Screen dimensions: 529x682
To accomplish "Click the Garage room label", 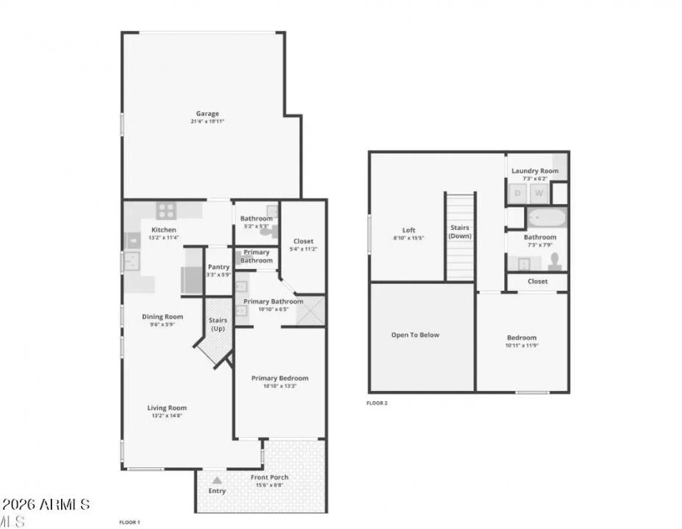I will point(207,114).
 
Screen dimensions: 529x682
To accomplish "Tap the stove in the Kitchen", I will point(166,211).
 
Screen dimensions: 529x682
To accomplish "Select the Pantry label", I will point(218,267).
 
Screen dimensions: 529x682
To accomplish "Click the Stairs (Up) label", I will point(218,324).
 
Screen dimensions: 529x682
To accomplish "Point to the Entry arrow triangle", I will point(216,480).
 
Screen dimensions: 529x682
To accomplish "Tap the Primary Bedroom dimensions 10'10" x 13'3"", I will point(279,386).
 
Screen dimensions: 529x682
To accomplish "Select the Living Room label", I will point(168,408).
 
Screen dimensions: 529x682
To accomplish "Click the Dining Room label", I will point(162,317).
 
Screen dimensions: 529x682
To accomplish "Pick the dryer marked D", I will point(517,193).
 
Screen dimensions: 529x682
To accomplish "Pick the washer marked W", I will point(539,193).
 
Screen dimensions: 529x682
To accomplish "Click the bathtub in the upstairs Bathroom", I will point(547,218).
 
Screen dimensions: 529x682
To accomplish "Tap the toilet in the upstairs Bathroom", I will point(555,262).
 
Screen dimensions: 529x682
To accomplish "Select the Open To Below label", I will point(415,335).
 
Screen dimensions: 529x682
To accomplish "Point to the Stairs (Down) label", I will point(460,231).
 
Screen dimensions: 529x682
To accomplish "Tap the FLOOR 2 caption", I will point(377,403).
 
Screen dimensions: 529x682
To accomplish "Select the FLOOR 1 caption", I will point(129,522).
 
